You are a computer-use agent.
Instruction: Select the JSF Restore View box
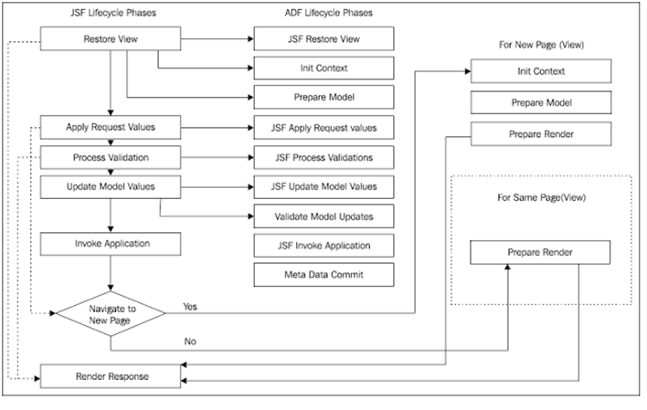[x=323, y=39]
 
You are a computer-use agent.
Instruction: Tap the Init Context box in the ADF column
[x=323, y=68]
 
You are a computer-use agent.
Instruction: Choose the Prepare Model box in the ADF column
[x=323, y=97]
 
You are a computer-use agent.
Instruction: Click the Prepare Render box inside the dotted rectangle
[x=540, y=251]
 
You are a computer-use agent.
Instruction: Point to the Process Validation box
[x=111, y=157]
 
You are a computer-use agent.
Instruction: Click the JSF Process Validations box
[x=323, y=157]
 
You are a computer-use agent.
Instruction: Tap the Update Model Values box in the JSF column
[x=111, y=186]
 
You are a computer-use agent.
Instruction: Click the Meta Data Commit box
[x=323, y=274]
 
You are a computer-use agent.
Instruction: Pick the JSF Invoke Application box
[x=323, y=245]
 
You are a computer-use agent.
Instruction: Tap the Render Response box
[x=111, y=374]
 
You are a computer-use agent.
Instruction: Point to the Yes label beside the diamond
[x=190, y=307]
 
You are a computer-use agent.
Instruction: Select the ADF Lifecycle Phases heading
[x=323, y=12]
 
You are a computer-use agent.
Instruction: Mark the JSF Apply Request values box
[x=323, y=128]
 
